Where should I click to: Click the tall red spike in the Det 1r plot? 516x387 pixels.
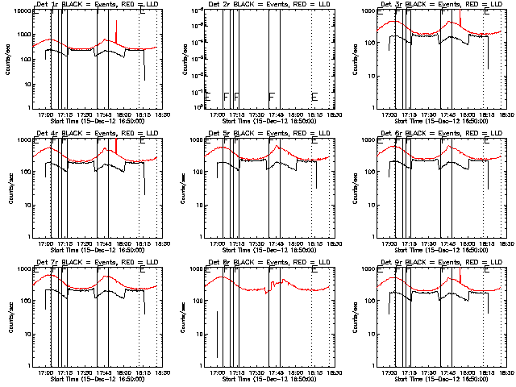coord(117,32)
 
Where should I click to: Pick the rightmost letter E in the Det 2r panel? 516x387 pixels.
coord(314,98)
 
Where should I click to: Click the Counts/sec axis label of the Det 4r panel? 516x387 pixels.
coord(8,187)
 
